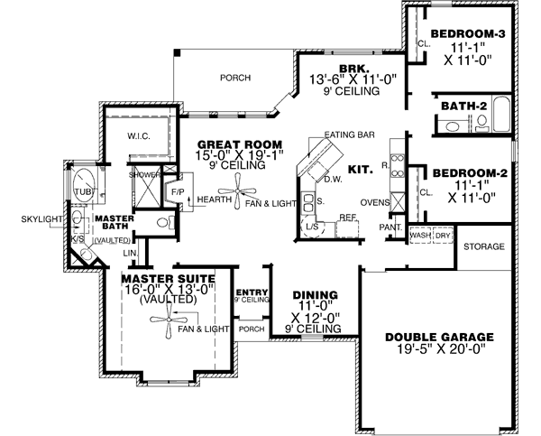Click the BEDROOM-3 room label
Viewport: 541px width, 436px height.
click(465, 35)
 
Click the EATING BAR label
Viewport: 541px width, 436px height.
click(354, 135)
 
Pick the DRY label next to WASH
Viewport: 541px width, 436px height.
click(443, 236)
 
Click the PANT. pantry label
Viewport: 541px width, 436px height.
click(390, 228)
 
